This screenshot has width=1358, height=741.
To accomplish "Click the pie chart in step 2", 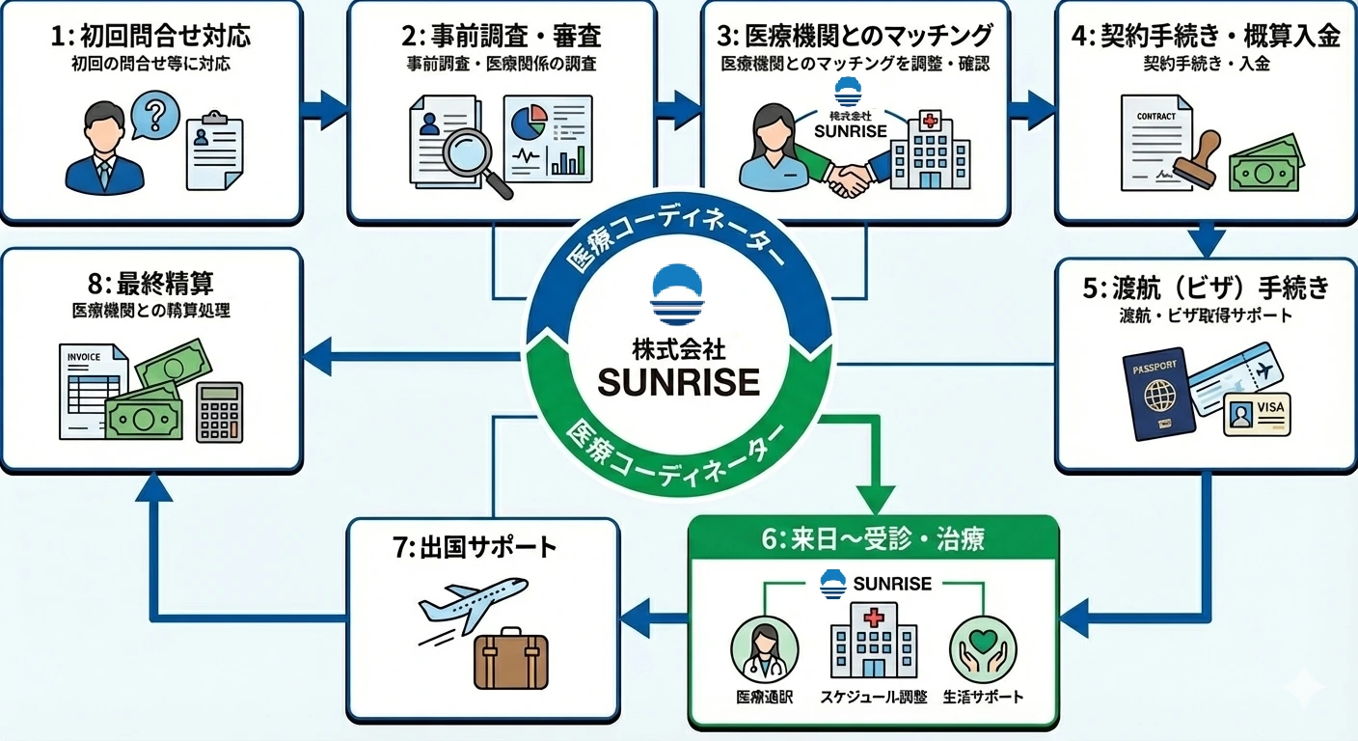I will coord(529,123).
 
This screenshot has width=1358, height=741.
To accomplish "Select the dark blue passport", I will coord(1158,395).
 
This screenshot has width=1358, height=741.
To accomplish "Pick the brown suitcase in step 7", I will coord(511,663).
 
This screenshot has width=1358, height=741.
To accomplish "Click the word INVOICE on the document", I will coord(84,356).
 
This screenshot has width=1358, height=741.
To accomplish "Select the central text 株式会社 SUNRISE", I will coord(679,370).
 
